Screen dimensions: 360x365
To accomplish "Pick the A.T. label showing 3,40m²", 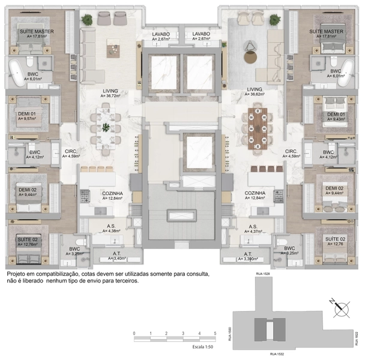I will pyautogui.click(x=116, y=256).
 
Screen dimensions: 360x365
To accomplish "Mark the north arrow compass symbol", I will pyautogui.click(x=341, y=307).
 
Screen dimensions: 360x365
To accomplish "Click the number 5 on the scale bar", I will pyautogui.click(x=214, y=332).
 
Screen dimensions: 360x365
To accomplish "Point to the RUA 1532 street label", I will pyautogui.click(x=276, y=355).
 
